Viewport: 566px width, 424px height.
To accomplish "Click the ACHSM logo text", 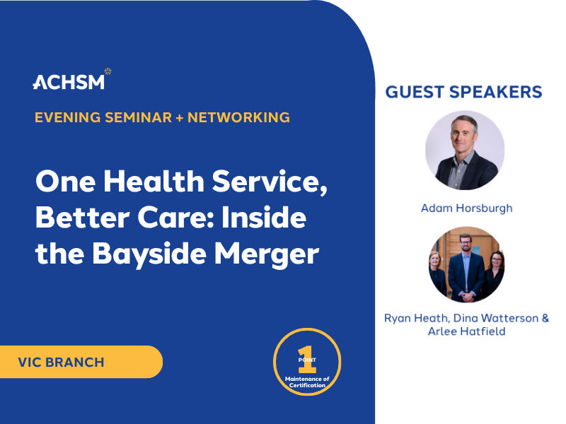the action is pyautogui.click(x=69, y=82).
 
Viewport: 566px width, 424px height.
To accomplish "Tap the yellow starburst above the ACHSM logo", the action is pyautogui.click(x=108, y=71).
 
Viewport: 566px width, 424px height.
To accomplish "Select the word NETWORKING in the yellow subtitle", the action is pyautogui.click(x=238, y=117).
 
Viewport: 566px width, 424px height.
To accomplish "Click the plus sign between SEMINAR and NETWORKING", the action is pyautogui.click(x=180, y=118).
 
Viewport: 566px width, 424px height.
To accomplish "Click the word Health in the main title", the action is pyautogui.click(x=154, y=181).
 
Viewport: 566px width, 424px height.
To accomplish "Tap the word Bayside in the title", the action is pyautogui.click(x=149, y=254).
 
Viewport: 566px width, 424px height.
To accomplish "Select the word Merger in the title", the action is pyautogui.click(x=267, y=254).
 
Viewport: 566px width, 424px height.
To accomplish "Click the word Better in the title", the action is pyautogui.click(x=83, y=218).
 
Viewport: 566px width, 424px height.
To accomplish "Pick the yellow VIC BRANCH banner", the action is pyautogui.click(x=81, y=362).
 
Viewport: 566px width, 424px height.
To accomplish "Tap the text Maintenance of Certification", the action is pyautogui.click(x=307, y=382).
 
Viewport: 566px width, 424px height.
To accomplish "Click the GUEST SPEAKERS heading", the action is pyautogui.click(x=464, y=92).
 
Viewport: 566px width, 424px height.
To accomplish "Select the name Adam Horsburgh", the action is pyautogui.click(x=467, y=208).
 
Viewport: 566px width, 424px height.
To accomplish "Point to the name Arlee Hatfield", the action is pyautogui.click(x=467, y=331).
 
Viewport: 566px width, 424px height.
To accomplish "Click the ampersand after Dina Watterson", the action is pyautogui.click(x=545, y=318).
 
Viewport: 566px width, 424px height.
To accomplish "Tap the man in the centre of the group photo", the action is pyautogui.click(x=466, y=269).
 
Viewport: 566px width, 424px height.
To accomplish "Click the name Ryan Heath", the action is pyautogui.click(x=417, y=318).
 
